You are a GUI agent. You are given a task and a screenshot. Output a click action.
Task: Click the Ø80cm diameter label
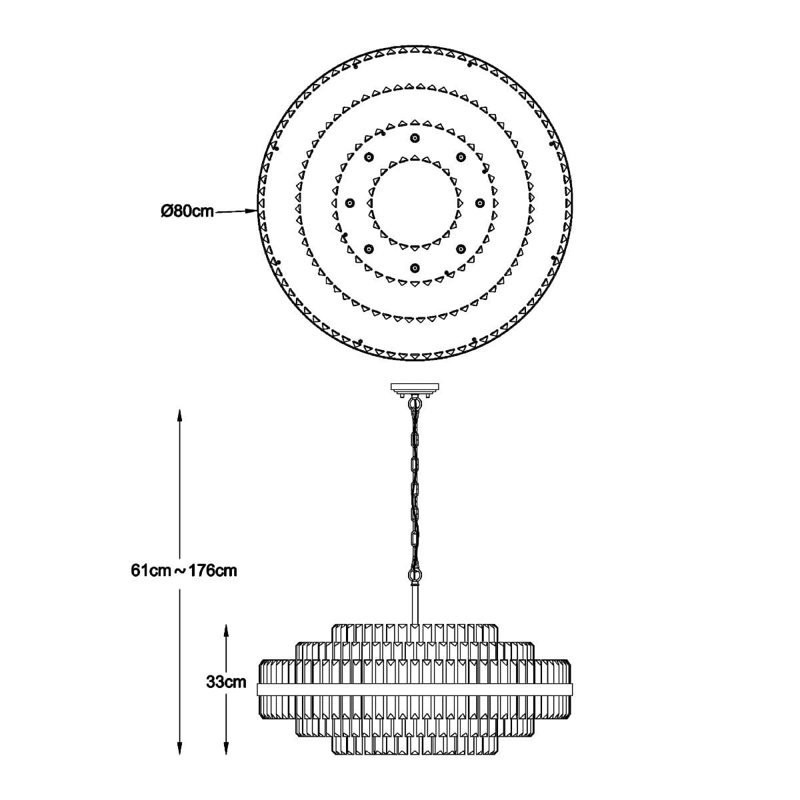click(187, 212)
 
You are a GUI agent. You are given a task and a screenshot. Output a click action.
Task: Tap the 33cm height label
click(226, 682)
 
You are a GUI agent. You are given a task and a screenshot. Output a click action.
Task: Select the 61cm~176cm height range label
click(184, 571)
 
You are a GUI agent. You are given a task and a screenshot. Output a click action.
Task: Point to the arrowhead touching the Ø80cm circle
click(251, 211)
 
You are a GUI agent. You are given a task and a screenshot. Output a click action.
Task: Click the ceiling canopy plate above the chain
click(415, 389)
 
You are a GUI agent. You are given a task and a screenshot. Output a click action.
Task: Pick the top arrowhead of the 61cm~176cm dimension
click(180, 415)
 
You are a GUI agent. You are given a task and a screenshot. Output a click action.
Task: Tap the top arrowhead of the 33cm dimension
click(226, 631)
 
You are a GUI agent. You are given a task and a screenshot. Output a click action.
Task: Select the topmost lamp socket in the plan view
click(415, 138)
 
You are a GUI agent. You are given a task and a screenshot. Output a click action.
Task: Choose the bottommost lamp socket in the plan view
click(415, 268)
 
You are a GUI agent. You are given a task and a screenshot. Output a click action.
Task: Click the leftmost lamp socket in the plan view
click(349, 203)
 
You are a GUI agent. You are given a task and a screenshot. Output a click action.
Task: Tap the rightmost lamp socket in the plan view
click(480, 203)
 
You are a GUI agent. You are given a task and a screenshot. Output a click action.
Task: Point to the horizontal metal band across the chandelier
click(415, 690)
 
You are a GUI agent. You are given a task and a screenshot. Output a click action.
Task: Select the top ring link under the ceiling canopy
click(414, 403)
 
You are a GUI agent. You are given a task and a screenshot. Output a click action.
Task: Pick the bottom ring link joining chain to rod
click(415, 575)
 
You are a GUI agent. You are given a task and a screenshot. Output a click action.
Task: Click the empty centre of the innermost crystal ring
click(415, 203)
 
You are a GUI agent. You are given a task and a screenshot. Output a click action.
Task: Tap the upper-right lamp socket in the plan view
click(461, 157)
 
